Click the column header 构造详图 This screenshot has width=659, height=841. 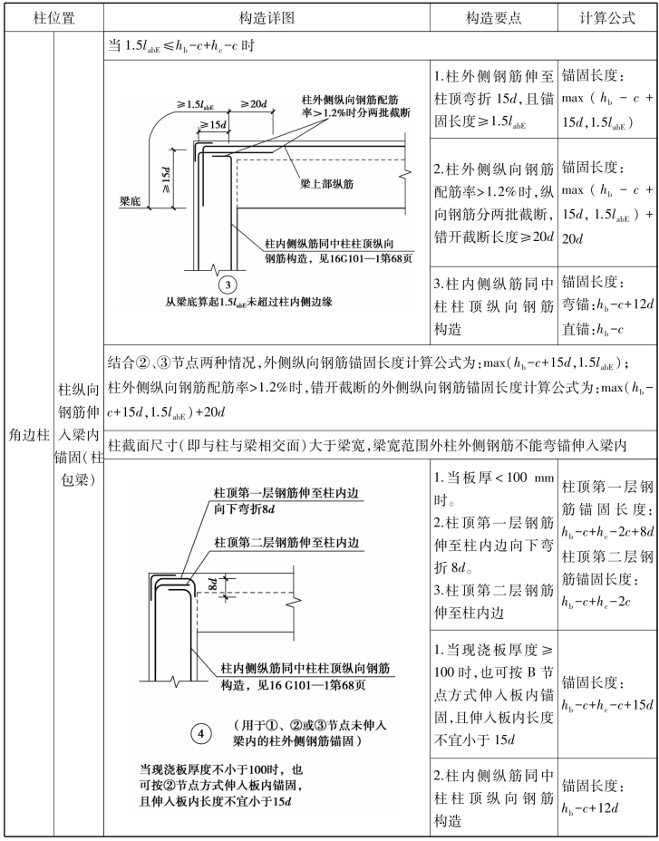tap(266, 17)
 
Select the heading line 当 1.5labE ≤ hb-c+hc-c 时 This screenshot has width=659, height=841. tap(181, 47)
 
